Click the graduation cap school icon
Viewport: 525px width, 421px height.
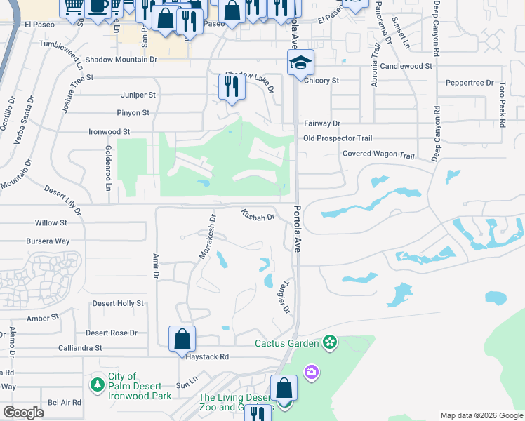(300, 63)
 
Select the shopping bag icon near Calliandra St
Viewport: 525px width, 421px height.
(182, 338)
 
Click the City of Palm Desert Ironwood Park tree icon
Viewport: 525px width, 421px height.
(98, 385)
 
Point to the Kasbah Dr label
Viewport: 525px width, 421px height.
(257, 215)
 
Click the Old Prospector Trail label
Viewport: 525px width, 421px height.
(338, 138)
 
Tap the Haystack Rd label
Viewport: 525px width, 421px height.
(208, 356)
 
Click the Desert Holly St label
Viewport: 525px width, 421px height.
(118, 303)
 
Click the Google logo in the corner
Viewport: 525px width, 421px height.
(23, 413)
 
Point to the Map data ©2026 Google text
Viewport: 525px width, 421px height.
(481, 415)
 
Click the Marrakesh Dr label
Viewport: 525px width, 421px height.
(206, 236)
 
